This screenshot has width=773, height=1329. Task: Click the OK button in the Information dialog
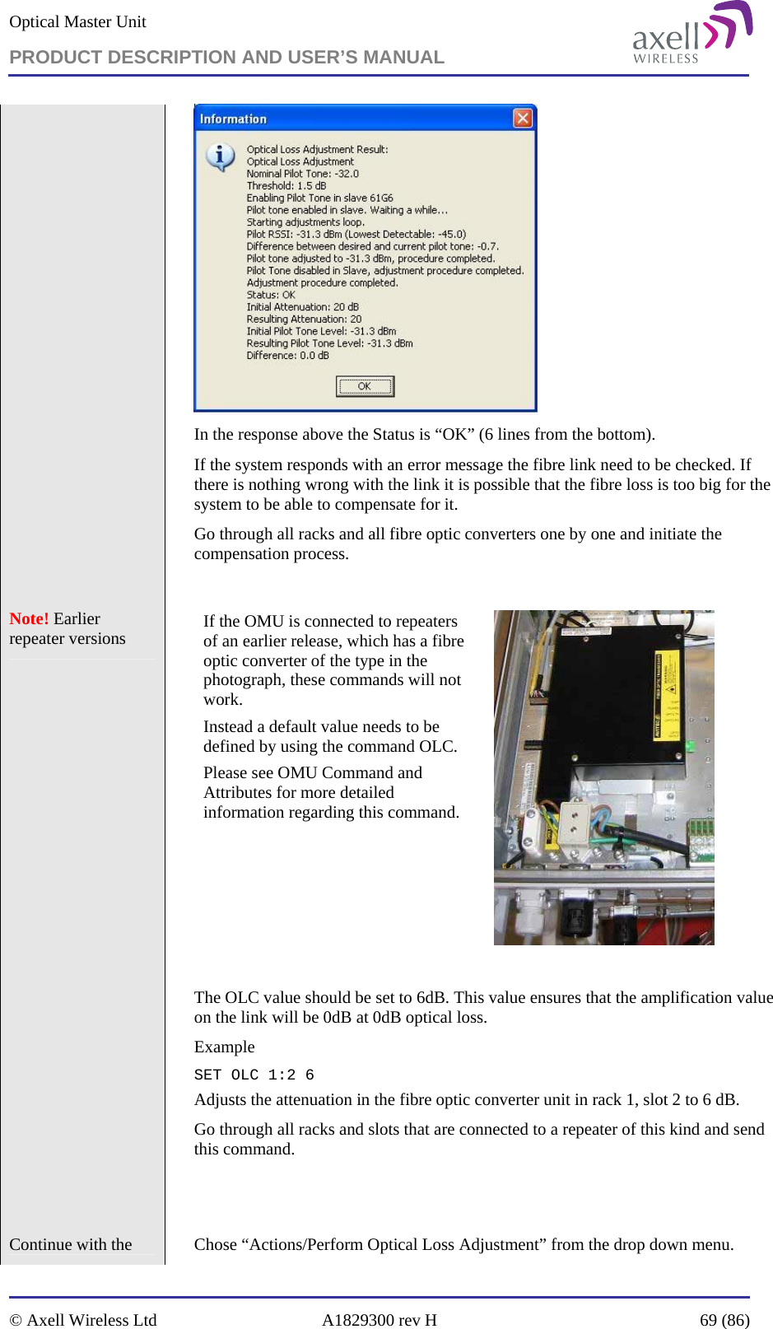pyautogui.click(x=365, y=386)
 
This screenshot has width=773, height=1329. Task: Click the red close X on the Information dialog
pyautogui.click(x=523, y=119)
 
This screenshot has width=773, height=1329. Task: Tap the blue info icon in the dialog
pyautogui.click(x=220, y=156)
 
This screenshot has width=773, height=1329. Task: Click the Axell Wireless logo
pyautogui.click(x=692, y=34)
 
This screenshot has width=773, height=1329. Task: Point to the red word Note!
pyautogui.click(x=29, y=619)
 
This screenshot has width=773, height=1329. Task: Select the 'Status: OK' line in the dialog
pyautogui.click(x=271, y=295)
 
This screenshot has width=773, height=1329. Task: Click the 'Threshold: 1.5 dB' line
pyautogui.click(x=286, y=186)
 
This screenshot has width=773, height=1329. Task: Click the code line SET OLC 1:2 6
pyautogui.click(x=254, y=1075)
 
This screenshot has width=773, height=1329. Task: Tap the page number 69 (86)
pyautogui.click(x=724, y=1320)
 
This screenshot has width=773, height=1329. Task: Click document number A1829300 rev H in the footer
pyautogui.click(x=379, y=1320)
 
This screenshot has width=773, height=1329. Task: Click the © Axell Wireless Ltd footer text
pyautogui.click(x=83, y=1320)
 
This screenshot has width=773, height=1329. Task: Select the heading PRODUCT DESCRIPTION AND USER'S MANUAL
pyautogui.click(x=226, y=57)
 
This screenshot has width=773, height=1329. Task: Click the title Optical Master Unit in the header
pyautogui.click(x=77, y=22)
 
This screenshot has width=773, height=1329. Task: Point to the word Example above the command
pyautogui.click(x=224, y=1047)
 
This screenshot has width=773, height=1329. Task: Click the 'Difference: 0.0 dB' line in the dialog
pyautogui.click(x=287, y=356)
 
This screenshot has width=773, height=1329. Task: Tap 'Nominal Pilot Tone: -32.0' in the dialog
pyautogui.click(x=302, y=174)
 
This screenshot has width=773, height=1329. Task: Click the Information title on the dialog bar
pyautogui.click(x=233, y=119)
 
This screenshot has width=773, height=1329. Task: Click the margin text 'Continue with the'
pyautogui.click(x=71, y=1245)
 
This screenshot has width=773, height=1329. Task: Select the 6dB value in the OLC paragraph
pyautogui.click(x=431, y=998)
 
